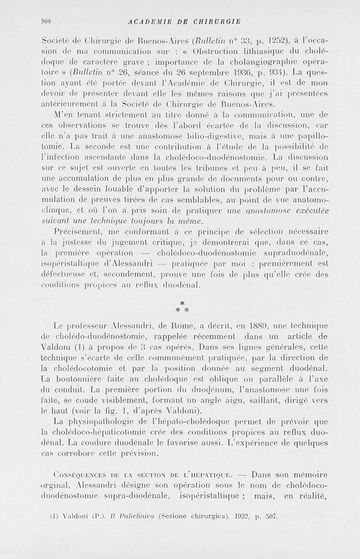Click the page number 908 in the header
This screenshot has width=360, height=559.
(47, 21)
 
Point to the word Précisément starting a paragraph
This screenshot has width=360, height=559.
(78, 233)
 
